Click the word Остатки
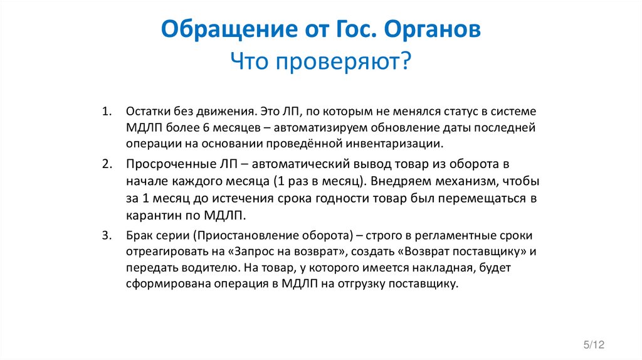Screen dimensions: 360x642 [145, 111]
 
